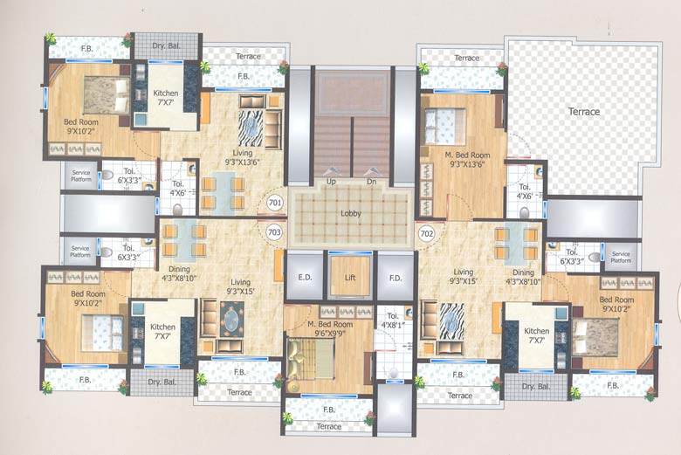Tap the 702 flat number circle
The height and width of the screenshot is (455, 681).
click(x=427, y=233)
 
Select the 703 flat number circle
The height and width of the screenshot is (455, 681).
click(x=274, y=232)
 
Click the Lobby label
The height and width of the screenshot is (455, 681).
click(x=351, y=213)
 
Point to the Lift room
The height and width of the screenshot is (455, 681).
click(x=350, y=276)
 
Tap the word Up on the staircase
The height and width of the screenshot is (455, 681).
click(x=332, y=181)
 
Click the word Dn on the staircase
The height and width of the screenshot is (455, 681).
click(x=370, y=181)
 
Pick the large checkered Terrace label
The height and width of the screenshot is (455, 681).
click(x=584, y=112)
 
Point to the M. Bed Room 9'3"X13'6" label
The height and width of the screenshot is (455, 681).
click(x=467, y=159)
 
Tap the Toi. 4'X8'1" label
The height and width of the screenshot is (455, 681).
click(x=392, y=321)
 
